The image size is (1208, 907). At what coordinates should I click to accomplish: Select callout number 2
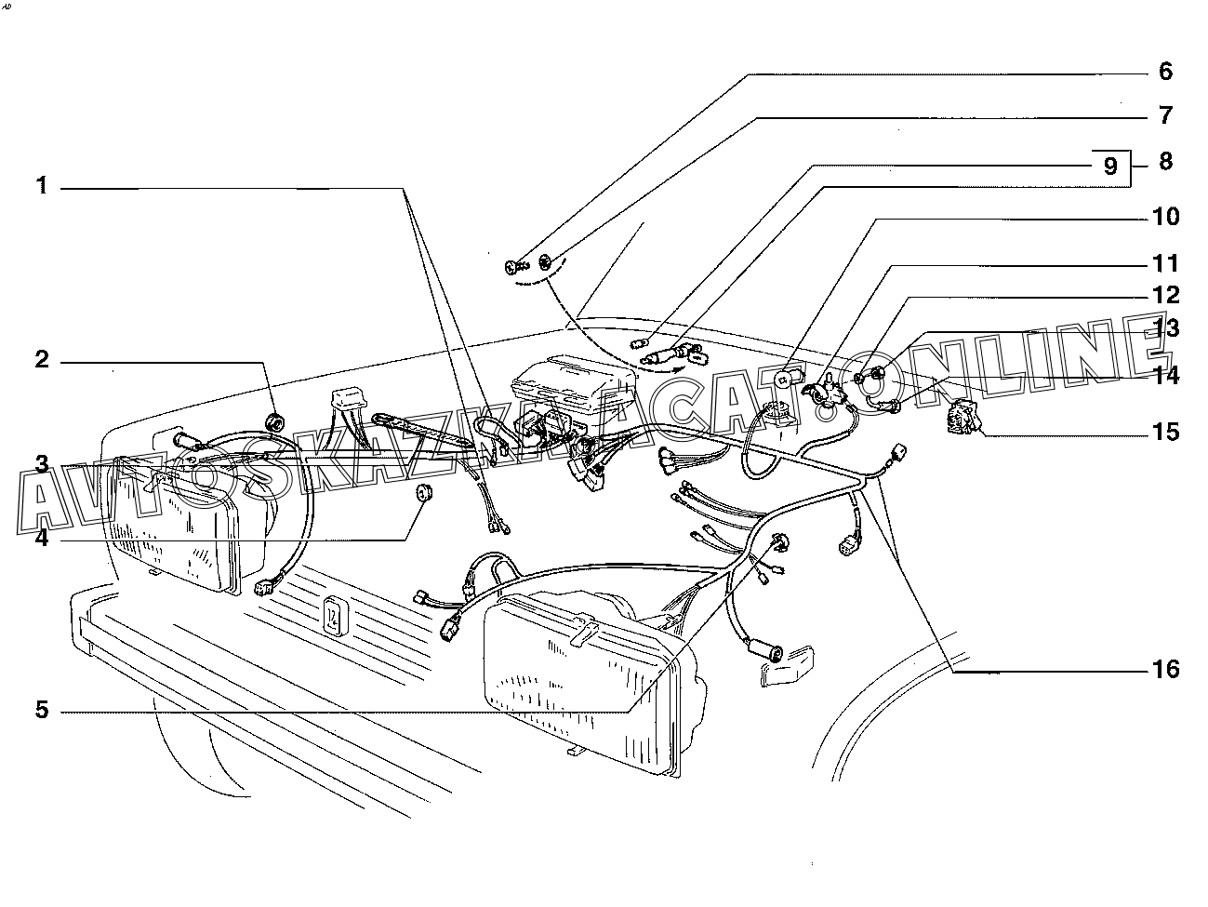(x=42, y=359)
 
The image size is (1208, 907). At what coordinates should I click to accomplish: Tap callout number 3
(x=42, y=463)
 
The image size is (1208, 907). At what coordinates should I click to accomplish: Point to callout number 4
(x=42, y=537)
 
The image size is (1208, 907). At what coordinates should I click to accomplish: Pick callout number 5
(x=42, y=711)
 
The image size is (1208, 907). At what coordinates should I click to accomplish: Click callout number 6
(x=1165, y=72)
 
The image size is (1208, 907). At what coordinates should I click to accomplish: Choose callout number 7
(x=1165, y=115)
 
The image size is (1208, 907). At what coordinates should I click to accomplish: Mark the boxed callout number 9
(x=1109, y=166)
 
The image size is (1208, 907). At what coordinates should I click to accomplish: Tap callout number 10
(x=1165, y=217)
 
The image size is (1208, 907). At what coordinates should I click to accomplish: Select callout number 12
(x=1165, y=295)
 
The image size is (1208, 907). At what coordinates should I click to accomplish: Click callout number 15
(x=1165, y=433)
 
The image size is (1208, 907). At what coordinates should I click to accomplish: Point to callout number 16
(x=1165, y=669)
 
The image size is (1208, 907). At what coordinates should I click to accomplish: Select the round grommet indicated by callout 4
(x=425, y=493)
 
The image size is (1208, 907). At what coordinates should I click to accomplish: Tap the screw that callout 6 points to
(x=514, y=268)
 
